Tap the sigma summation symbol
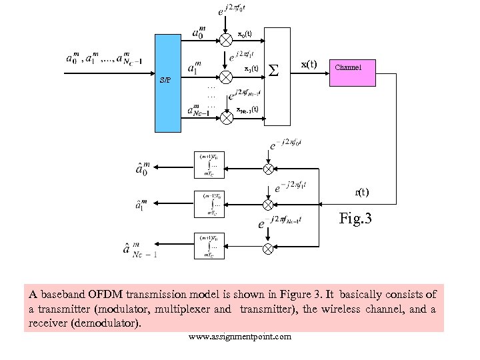point(273,69)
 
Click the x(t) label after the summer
point(309,64)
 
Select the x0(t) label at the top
point(245,34)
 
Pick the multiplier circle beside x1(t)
point(227,77)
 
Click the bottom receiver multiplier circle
point(267,249)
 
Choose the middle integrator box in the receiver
point(211,205)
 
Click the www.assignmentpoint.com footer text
point(240,337)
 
